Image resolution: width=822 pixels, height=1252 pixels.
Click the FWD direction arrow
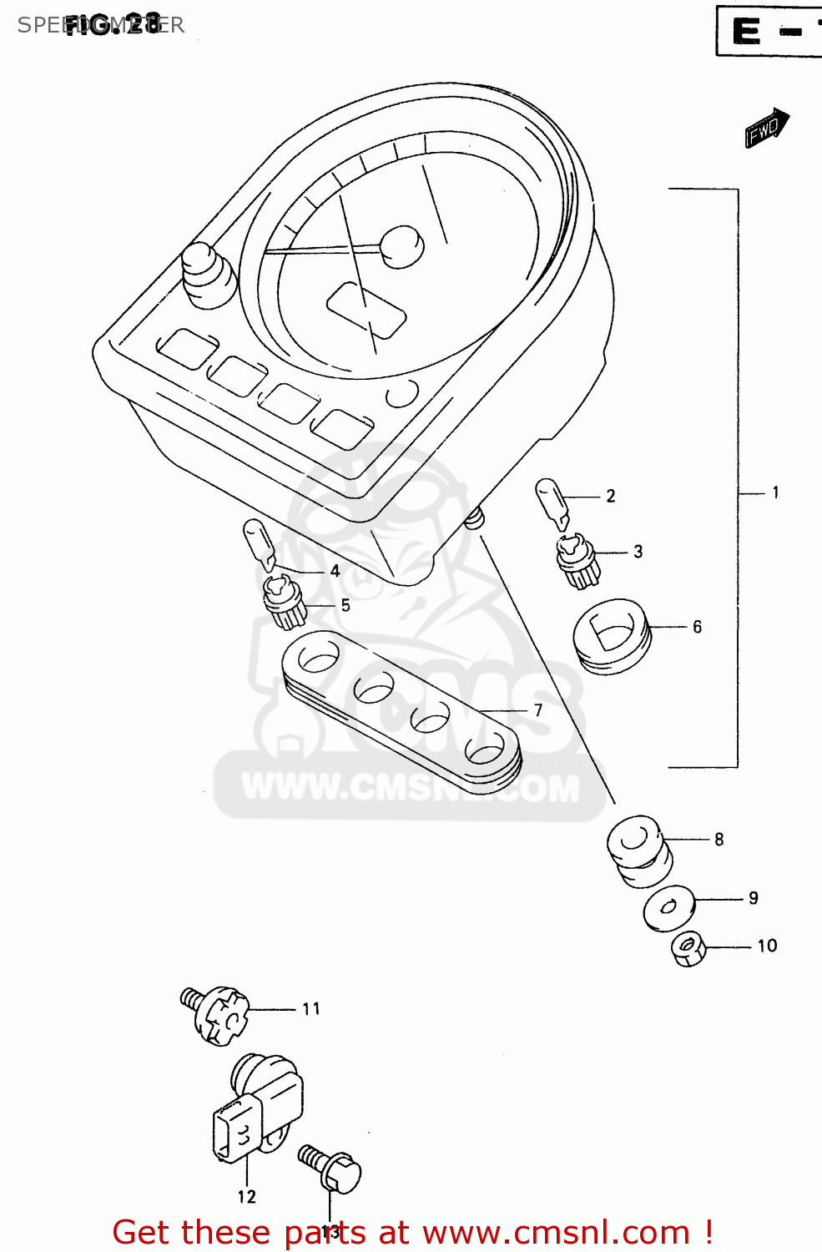coord(766,128)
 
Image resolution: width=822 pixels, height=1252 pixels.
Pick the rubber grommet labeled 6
coord(612,635)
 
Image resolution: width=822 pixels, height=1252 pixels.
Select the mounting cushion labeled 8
coord(638,851)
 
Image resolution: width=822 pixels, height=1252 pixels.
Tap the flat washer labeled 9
coord(668,906)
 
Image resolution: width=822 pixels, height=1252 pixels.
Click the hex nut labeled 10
coord(688,948)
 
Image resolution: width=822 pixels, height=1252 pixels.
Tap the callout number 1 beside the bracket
coord(775,492)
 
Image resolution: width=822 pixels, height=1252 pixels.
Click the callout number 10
coord(767,946)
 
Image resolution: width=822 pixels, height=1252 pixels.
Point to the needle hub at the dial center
coord(402,246)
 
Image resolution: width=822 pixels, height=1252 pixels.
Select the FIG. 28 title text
coord(112,24)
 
